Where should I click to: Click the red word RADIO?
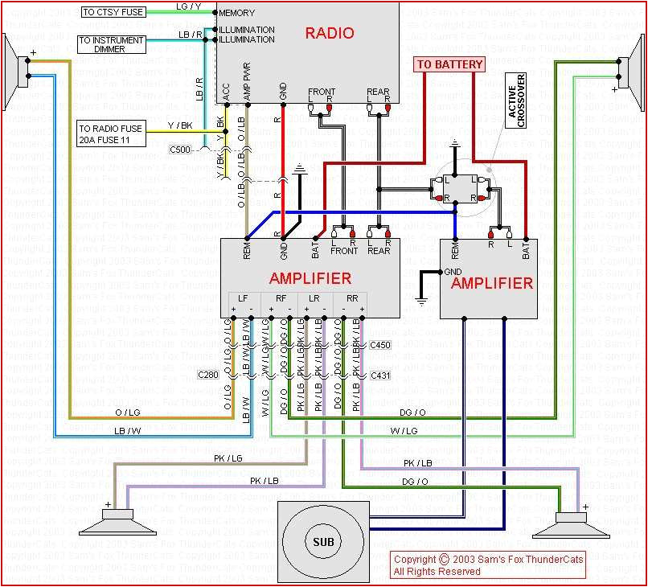(329, 33)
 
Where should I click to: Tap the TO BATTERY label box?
(449, 64)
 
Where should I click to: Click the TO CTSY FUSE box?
(113, 12)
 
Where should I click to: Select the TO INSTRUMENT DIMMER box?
(112, 44)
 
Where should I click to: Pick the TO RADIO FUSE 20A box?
(112, 133)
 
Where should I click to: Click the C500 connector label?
(181, 150)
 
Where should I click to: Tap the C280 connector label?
(208, 374)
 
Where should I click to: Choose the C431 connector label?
(379, 376)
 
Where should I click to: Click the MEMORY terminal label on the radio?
(236, 14)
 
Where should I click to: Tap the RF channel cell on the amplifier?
(281, 298)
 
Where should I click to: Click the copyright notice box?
(488, 564)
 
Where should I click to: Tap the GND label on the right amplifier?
(453, 272)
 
